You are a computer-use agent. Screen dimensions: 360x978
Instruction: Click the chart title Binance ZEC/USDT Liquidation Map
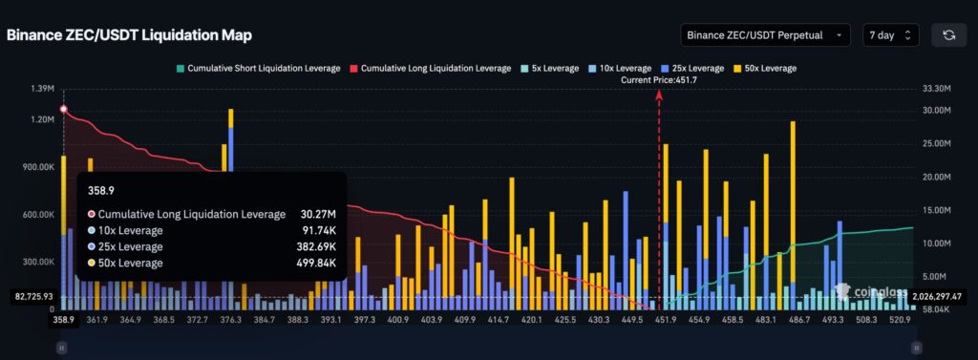tap(129, 34)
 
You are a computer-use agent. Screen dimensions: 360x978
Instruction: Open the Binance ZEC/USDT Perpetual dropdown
tap(764, 34)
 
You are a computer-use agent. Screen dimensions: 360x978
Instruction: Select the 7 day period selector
tap(890, 34)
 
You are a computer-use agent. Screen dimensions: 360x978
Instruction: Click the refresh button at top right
tap(948, 34)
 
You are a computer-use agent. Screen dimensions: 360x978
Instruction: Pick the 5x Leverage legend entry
tap(554, 69)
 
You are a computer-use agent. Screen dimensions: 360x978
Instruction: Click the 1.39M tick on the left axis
tap(40, 89)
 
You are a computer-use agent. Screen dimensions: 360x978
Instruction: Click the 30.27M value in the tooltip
tap(314, 214)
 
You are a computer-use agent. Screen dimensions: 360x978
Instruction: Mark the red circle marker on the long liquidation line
tap(63, 110)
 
